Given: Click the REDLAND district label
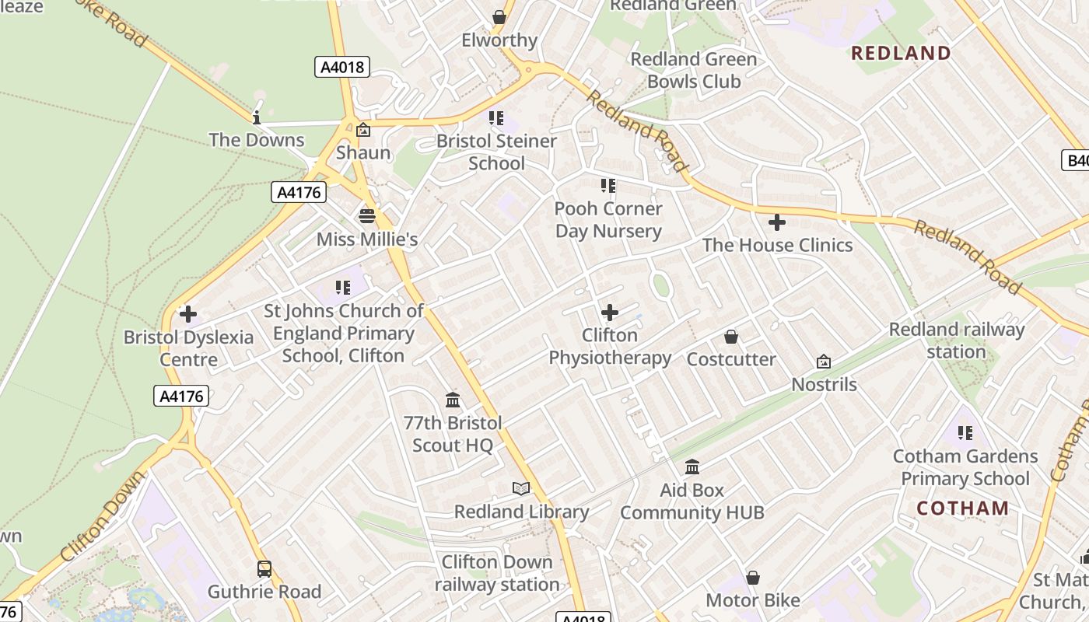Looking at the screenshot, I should [902, 53].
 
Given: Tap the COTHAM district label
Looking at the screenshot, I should [962, 508].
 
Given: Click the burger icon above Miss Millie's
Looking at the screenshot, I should [367, 215].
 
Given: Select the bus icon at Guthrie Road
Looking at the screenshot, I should [264, 568].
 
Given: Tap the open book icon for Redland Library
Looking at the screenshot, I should [521, 488].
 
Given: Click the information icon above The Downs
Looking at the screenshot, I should [257, 117].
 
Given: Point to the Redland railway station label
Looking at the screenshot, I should [957, 341].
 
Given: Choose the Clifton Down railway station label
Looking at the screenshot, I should [497, 573].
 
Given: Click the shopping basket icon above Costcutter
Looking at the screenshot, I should [731, 337].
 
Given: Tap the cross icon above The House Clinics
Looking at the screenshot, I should [776, 223].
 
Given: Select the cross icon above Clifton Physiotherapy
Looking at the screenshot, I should [610, 313].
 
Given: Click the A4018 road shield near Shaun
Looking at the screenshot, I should [342, 67].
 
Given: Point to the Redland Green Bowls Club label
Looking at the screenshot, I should [693, 70].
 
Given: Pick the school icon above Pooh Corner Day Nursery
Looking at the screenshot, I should [608, 186].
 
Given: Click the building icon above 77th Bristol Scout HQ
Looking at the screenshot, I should [453, 400].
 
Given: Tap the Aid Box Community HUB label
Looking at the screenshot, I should [692, 501].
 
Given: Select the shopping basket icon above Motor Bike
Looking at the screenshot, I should [753, 578].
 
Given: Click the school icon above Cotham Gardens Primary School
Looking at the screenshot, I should [965, 433].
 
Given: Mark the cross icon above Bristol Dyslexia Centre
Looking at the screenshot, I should [188, 314].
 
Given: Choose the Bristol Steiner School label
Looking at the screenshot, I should [496, 152].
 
